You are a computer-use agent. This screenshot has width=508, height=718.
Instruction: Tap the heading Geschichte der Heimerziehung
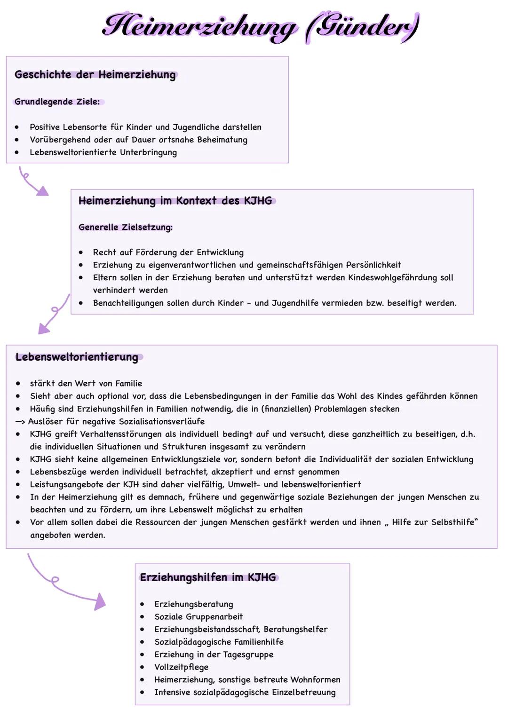[x=95, y=75]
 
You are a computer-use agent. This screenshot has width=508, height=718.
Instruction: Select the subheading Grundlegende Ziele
[x=57, y=102]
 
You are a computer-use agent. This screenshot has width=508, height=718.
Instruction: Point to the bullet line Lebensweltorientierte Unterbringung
[x=103, y=152]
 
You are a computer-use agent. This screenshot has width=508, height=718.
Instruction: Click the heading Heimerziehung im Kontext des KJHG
[x=175, y=201]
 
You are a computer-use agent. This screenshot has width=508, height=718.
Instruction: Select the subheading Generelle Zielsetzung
[x=125, y=227]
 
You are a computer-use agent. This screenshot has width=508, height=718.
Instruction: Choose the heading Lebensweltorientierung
[x=77, y=357]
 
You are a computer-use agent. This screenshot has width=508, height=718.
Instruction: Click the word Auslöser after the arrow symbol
[x=46, y=421]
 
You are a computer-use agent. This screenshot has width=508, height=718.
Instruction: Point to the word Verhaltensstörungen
[x=120, y=434]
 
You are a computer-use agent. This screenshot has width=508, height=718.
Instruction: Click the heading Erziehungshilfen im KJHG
[x=207, y=577]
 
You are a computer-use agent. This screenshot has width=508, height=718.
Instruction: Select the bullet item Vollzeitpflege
[x=181, y=667]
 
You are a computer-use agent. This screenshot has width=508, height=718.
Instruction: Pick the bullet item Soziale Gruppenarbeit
[x=198, y=616]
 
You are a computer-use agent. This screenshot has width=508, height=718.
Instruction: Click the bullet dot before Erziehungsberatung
[x=142, y=604]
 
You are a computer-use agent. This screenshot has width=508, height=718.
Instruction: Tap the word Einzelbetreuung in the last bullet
[x=309, y=692]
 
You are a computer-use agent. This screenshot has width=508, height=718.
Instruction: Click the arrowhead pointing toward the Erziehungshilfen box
[x=100, y=602]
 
